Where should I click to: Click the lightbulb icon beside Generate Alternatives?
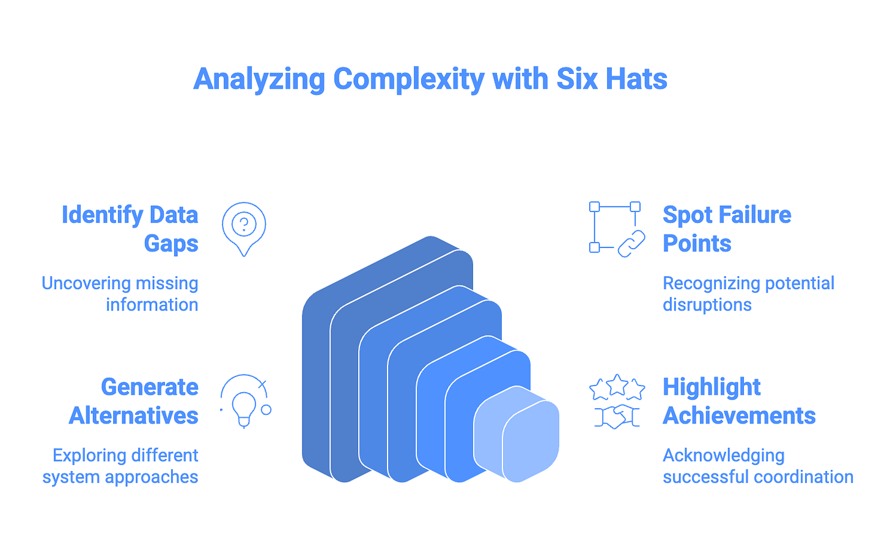pyautogui.click(x=244, y=406)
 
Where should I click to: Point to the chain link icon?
pyautogui.click(x=631, y=243)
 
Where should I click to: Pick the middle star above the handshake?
pyautogui.click(x=617, y=384)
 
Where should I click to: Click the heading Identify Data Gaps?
pyautogui.click(x=130, y=229)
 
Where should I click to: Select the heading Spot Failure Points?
pyautogui.click(x=726, y=229)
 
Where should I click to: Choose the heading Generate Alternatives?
pyautogui.click(x=134, y=401)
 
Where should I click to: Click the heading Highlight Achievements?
pyautogui.click(x=738, y=401)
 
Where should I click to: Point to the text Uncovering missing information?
pyautogui.click(x=120, y=294)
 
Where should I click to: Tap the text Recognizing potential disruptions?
pyautogui.click(x=748, y=294)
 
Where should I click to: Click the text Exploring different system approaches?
pyautogui.click(x=121, y=466)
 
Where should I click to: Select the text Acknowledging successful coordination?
pyautogui.click(x=757, y=466)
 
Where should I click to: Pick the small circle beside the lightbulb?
pyautogui.click(x=266, y=410)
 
